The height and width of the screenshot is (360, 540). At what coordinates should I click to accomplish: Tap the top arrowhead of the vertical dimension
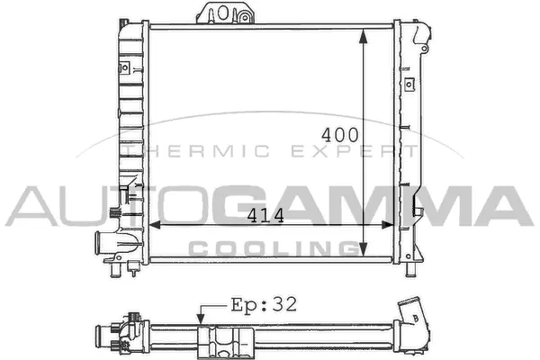pyautogui.click(x=363, y=34)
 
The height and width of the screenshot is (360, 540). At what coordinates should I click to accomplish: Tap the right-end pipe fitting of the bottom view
pyautogui.click(x=416, y=316)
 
